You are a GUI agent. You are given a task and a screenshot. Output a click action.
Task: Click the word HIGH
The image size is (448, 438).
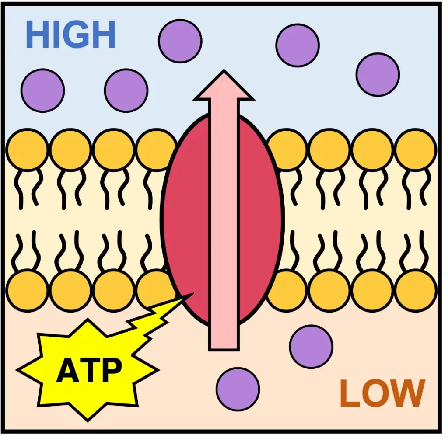coord(70,35)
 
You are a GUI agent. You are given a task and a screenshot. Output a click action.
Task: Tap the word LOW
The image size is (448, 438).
coord(382,393)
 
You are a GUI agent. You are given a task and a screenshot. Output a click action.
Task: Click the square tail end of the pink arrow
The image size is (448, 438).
coord(224,341)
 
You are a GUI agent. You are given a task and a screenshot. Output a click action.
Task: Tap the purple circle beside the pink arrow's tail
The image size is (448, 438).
coord(311,346)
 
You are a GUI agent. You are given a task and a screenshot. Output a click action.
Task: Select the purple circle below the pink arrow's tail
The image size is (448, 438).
coord(238,389)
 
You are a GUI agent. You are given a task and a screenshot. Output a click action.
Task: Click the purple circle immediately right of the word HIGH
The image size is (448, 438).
coord(180,41)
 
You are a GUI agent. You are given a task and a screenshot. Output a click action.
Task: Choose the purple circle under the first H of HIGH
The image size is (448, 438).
coord(42,90)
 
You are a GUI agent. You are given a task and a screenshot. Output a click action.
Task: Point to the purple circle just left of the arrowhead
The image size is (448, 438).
coord(126,90)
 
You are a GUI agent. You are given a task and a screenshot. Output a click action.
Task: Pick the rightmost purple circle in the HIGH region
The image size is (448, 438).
coord(378,74)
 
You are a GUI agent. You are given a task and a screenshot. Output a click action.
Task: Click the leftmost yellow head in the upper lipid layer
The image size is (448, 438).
coord(27,150)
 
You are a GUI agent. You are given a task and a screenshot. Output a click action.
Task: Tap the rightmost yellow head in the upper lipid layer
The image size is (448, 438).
coord(416,150)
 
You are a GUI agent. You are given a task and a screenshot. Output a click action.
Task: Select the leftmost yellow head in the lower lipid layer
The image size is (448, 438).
coord(27,290)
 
